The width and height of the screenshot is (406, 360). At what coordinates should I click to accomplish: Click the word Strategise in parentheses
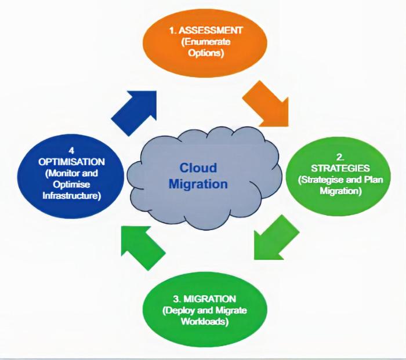coord(319,180)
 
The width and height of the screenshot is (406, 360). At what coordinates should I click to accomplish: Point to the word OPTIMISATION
coord(69,162)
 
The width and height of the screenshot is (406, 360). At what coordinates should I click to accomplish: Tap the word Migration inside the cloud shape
coord(198,184)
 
